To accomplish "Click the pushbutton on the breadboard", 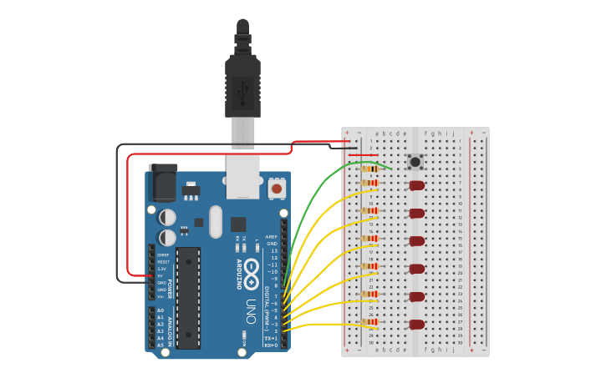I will click(x=415, y=161).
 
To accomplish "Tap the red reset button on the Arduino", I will click(x=276, y=189).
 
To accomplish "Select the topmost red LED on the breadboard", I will click(x=416, y=185).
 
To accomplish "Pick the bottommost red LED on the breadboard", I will click(x=416, y=325).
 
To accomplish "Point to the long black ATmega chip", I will click(x=188, y=297).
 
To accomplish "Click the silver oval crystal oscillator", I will click(x=216, y=222).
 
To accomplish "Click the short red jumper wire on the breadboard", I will click(x=363, y=155).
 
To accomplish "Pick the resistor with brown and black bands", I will click(x=369, y=169).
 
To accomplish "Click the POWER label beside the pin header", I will click(x=170, y=289).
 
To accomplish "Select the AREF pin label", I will click(x=271, y=237).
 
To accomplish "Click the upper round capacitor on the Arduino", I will click(x=168, y=217).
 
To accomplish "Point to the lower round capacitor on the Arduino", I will click(x=168, y=238).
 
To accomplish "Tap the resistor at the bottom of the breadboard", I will click(x=369, y=322).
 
